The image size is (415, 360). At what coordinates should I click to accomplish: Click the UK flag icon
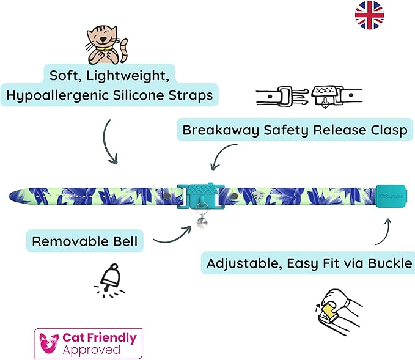369,15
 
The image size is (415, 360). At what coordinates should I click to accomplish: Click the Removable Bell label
84,241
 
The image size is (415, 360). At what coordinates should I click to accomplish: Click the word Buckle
387,264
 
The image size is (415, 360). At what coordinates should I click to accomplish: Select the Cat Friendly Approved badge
88,343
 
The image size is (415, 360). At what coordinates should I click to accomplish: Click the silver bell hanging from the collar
200,222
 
